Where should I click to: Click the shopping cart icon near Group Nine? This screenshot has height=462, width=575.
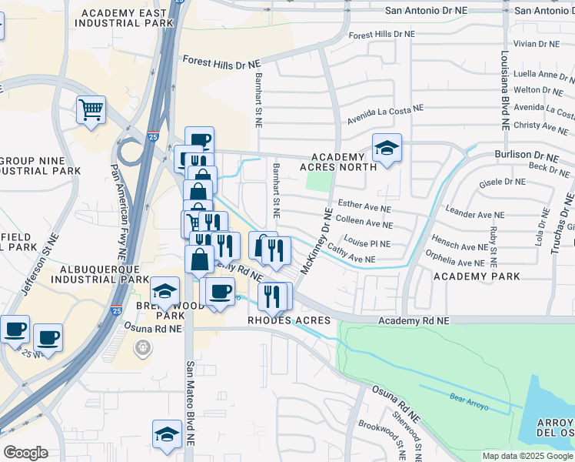click(x=91, y=110)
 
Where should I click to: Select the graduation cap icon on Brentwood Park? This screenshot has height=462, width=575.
click(x=165, y=292)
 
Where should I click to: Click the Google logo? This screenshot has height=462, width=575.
click(x=25, y=453)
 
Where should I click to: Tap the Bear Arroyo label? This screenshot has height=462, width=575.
click(x=469, y=400)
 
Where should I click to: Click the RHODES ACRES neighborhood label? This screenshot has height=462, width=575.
click(x=289, y=320)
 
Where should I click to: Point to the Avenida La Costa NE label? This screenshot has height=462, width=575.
click(x=385, y=114)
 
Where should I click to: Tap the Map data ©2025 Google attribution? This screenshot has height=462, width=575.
click(x=527, y=456)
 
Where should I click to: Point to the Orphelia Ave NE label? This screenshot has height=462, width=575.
click(x=457, y=262)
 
